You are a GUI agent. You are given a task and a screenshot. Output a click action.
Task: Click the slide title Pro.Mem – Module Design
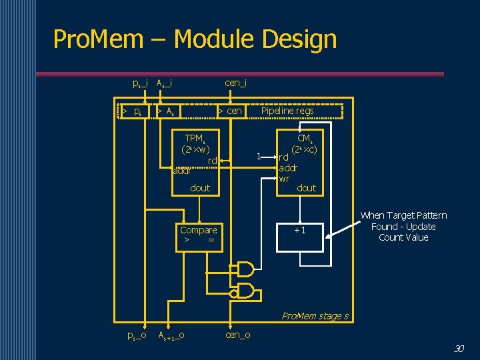[x=195, y=39]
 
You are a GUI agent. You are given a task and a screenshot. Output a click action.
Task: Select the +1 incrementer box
[x=300, y=231]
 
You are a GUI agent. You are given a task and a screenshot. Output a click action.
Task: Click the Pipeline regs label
[x=287, y=111]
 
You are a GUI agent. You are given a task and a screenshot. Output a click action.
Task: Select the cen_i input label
[x=236, y=83]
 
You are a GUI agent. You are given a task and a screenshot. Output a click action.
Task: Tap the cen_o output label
[x=238, y=335]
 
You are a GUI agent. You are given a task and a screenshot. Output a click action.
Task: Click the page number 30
[x=458, y=348]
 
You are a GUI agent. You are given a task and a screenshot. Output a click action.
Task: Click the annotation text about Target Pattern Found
[x=403, y=226]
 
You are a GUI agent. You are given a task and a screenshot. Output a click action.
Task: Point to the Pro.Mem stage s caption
[x=315, y=316]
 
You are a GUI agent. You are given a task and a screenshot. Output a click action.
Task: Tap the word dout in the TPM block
[x=200, y=188]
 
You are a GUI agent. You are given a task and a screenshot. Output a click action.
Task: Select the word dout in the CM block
[x=307, y=188]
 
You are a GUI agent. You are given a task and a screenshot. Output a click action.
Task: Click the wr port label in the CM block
[x=284, y=179]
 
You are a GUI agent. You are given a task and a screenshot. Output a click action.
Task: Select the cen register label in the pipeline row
[x=231, y=111]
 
